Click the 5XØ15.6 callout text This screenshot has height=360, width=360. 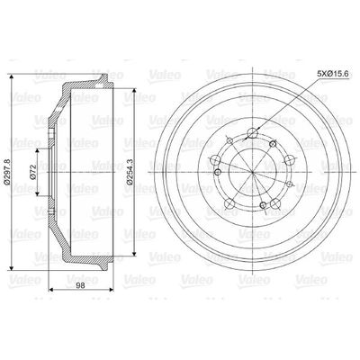[332, 73]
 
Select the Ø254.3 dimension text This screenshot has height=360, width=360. [130, 171]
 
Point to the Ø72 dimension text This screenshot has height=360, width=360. [33, 172]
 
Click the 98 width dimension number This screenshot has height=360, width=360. [80, 285]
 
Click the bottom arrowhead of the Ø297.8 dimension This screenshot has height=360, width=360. [12, 267]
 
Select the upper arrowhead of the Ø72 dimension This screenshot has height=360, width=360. [37, 151]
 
